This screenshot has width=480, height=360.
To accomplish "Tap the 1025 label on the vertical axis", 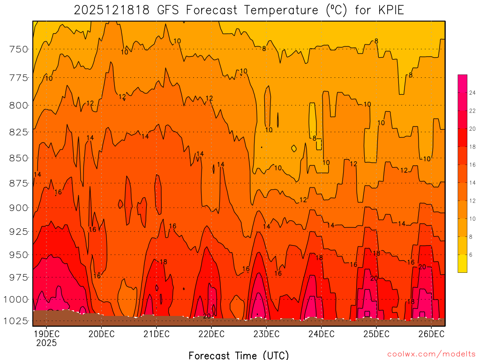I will pyautogui.click(x=17, y=321).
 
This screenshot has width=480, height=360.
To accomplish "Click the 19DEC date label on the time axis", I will pyautogui.click(x=46, y=334).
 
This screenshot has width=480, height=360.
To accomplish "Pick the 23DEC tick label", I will pyautogui.click(x=266, y=334).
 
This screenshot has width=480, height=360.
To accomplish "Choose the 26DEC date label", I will pyautogui.click(x=431, y=334).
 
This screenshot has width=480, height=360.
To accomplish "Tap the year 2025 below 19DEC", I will pyautogui.click(x=46, y=343).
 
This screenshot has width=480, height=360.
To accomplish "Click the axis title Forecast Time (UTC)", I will pyautogui.click(x=239, y=355).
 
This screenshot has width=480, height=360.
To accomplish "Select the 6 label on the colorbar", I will pyautogui.click(x=471, y=255).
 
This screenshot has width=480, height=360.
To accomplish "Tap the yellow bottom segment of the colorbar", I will pyautogui.click(x=462, y=263).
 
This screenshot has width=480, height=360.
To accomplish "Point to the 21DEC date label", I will pyautogui.click(x=156, y=334).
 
